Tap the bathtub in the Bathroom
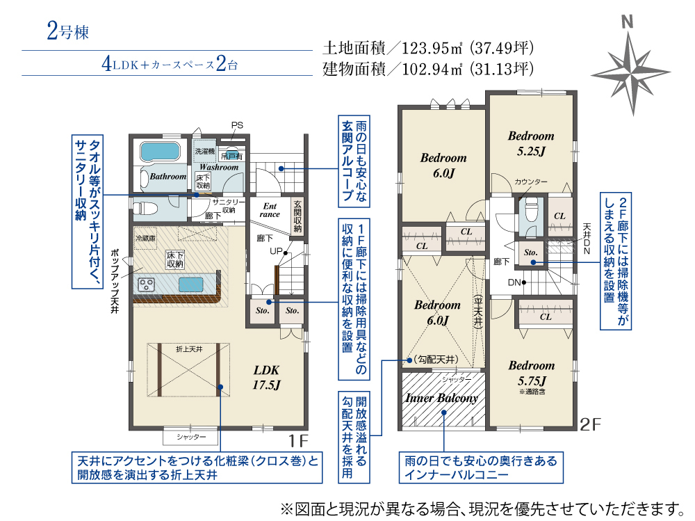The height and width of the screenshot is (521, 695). pyautogui.click(x=160, y=152)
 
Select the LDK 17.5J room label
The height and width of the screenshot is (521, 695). pyautogui.click(x=266, y=377)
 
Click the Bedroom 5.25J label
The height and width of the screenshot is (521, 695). pyautogui.click(x=531, y=143)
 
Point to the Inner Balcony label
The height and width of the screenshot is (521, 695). pyautogui.click(x=442, y=398)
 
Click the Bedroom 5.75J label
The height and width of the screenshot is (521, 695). pyautogui.click(x=532, y=373)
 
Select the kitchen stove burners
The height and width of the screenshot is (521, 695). pyautogui.click(x=146, y=284)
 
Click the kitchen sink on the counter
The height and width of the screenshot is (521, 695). pyautogui.click(x=191, y=284)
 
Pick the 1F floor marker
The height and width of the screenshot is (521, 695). pyautogui.click(x=298, y=440)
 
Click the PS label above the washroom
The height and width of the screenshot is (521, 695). pyautogui.click(x=237, y=125)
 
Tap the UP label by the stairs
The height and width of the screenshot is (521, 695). pyautogui.click(x=276, y=251)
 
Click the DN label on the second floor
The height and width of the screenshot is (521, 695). pyautogui.click(x=514, y=282)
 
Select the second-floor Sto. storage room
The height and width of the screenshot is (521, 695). pyautogui.click(x=531, y=253)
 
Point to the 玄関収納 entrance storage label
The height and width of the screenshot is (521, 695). pyautogui.click(x=297, y=216)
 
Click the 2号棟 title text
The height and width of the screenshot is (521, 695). pyautogui.click(x=67, y=31)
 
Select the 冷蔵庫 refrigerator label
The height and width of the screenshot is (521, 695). pyautogui.click(x=145, y=239)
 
